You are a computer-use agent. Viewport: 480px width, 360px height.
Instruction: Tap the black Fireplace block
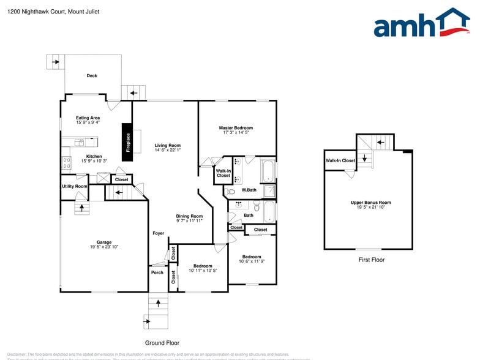tap(128, 142)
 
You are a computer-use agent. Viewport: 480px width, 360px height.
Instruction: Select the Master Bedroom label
tap(236, 128)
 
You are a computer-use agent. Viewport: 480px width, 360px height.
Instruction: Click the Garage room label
tap(104, 242)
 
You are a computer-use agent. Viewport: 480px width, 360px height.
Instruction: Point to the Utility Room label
tap(74, 186)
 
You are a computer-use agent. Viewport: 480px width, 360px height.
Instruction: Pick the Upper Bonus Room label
tap(370, 202)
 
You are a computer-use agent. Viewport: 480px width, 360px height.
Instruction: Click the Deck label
tap(92, 76)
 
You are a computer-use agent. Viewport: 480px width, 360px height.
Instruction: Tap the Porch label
tap(157, 272)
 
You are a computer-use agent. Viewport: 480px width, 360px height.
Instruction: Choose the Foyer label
tap(159, 233)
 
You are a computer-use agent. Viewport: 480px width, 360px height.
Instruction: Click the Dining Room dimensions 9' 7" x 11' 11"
tap(189, 220)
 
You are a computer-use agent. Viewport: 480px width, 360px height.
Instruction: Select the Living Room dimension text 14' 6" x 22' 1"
tap(167, 150)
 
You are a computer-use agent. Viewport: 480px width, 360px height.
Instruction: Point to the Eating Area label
tap(88, 118)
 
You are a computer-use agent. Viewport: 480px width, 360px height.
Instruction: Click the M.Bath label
tap(249, 190)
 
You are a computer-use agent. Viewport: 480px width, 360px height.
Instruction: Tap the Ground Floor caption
tap(162, 343)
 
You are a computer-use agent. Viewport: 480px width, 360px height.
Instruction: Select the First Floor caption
tap(371, 260)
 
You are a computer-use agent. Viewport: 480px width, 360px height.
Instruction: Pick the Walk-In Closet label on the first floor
tap(340, 160)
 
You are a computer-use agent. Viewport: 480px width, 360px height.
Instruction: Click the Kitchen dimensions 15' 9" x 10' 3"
tap(94, 161)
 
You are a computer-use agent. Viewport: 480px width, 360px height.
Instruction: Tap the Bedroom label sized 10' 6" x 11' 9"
tap(251, 257)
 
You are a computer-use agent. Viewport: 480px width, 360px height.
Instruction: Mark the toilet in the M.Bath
tap(231, 192)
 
